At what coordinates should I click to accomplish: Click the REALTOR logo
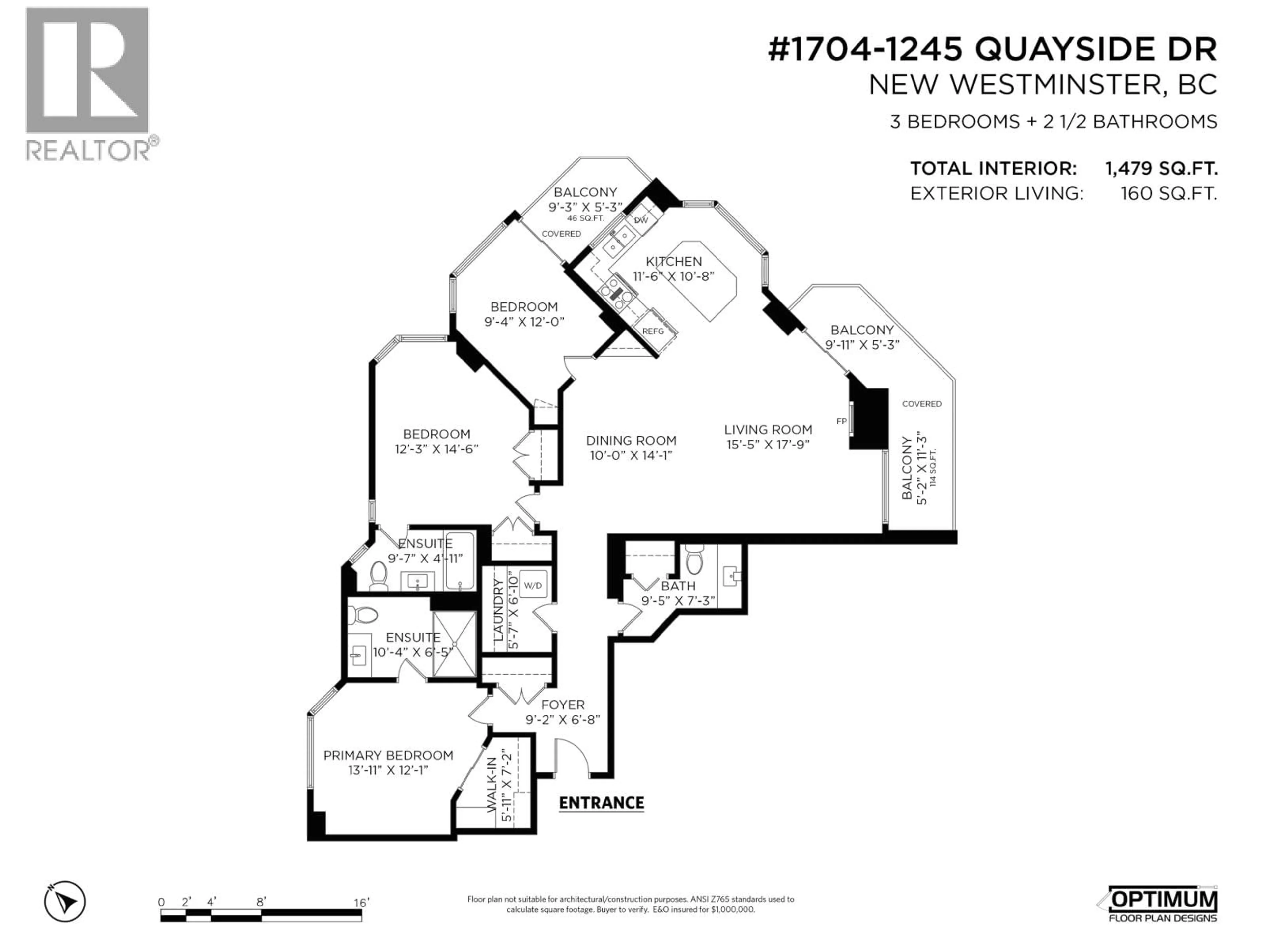pyautogui.click(x=89, y=83)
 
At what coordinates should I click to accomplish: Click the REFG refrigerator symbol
pyautogui.click(x=653, y=331)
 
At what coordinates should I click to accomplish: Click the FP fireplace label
pyautogui.click(x=841, y=421)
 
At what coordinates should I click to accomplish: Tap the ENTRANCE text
pyautogui.click(x=601, y=803)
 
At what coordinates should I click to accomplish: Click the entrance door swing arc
pyautogui.click(x=575, y=755)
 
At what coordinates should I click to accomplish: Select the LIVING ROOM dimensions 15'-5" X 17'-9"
pyautogui.click(x=768, y=445)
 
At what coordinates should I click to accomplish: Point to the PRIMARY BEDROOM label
pyautogui.click(x=388, y=756)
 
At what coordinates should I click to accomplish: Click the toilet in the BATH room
pyautogui.click(x=694, y=561)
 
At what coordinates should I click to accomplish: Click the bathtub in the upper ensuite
pyautogui.click(x=460, y=561)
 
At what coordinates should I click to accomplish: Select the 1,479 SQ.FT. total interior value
pyautogui.click(x=1161, y=169)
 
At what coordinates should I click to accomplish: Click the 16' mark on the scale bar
pyautogui.click(x=361, y=903)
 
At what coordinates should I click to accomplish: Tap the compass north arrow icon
pyautogui.click(x=65, y=902)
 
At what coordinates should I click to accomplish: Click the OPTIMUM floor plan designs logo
pyautogui.click(x=1161, y=905)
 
